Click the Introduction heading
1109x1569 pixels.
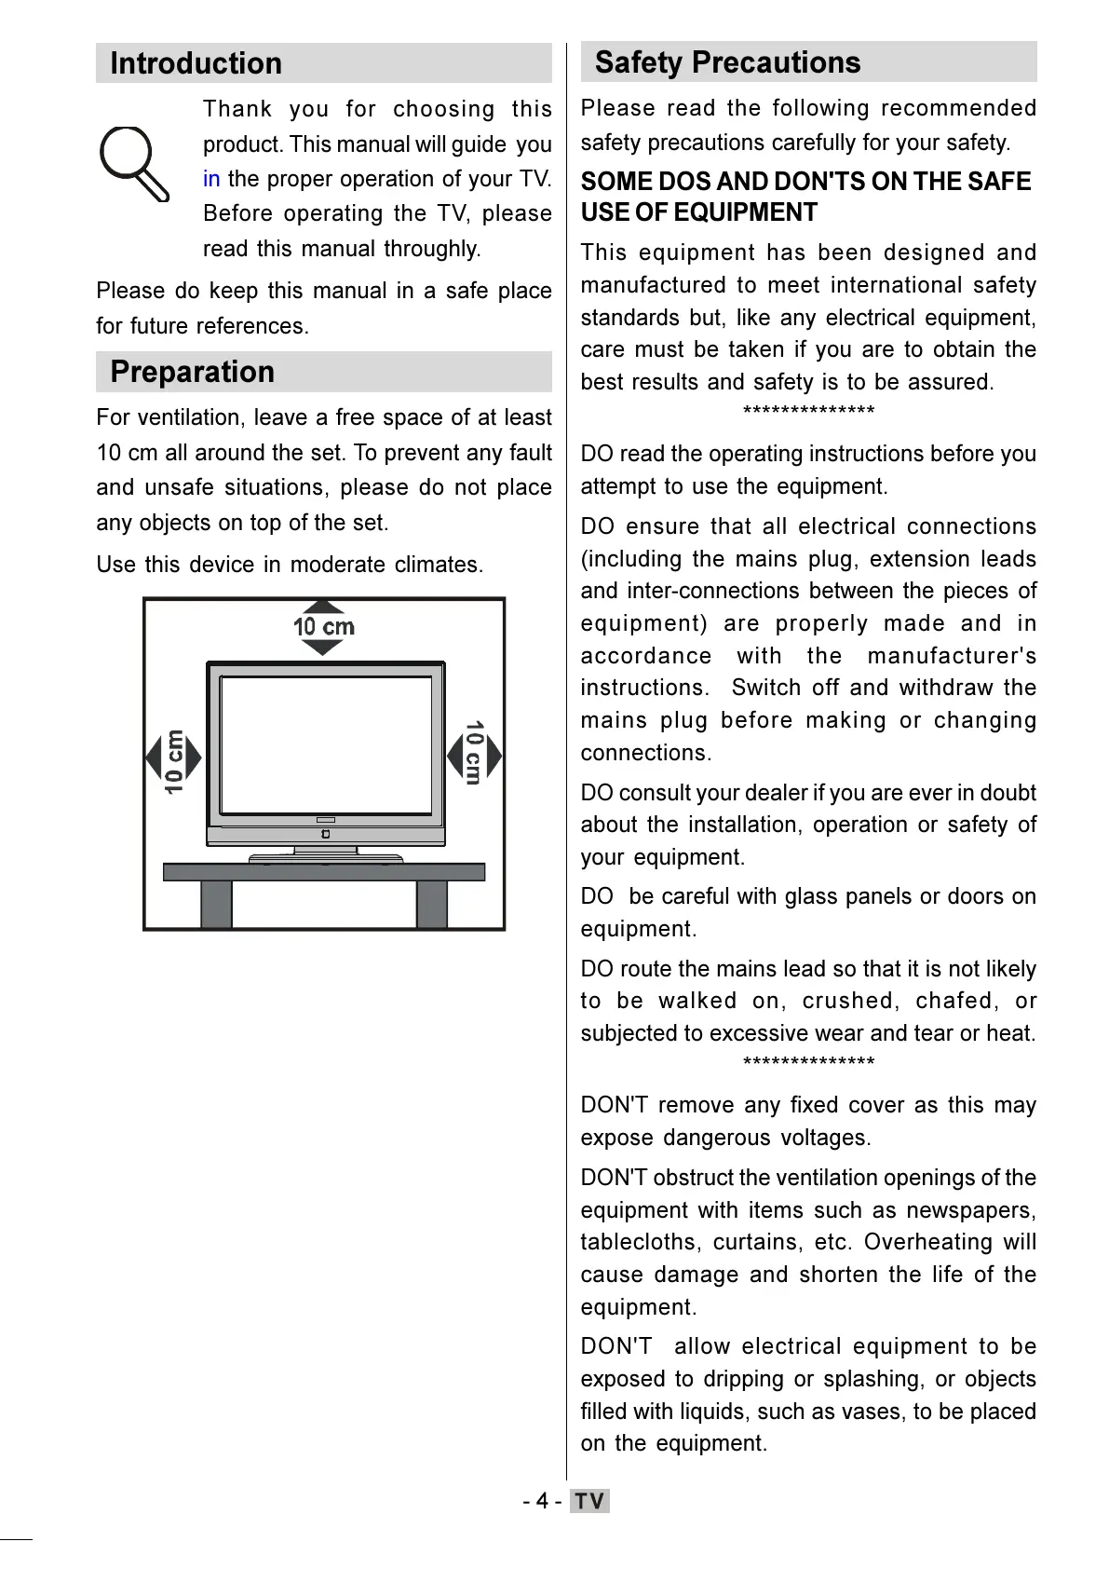point(196,63)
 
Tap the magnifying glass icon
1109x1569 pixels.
point(132,162)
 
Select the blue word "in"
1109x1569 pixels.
point(211,179)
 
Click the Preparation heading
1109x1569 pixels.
point(192,372)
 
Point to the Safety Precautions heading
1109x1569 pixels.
point(727,62)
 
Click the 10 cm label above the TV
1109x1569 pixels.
point(324,627)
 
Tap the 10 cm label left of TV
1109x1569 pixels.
point(174,760)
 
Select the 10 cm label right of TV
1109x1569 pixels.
point(474,753)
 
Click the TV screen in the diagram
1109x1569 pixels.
point(325,744)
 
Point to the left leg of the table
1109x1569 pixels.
point(216,904)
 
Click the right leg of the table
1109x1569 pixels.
point(432,904)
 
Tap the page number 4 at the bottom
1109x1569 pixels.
point(542,1501)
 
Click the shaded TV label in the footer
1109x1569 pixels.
point(589,1501)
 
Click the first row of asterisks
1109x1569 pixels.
point(808,412)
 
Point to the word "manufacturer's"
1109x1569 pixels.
point(952,656)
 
